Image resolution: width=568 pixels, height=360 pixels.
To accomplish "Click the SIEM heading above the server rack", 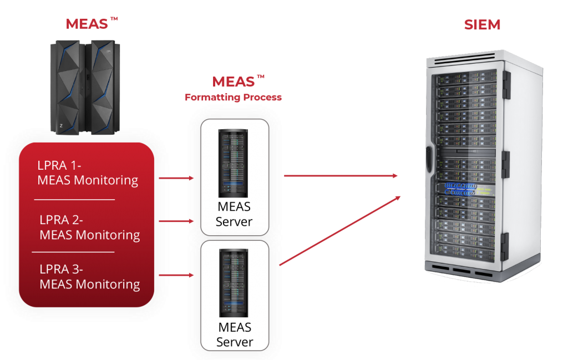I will pyautogui.click(x=482, y=25).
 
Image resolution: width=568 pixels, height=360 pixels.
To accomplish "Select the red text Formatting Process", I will pyautogui.click(x=233, y=98).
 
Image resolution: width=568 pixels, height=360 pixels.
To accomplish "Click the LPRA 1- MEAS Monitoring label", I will pyautogui.click(x=87, y=173).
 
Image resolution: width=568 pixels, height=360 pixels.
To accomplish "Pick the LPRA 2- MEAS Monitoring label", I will pyautogui.click(x=89, y=227).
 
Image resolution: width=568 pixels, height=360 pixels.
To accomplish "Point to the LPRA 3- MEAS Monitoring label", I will pyautogui.click(x=89, y=277).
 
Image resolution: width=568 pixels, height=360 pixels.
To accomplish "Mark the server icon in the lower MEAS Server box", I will pyautogui.click(x=234, y=282).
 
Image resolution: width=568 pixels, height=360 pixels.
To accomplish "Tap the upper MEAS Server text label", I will pyautogui.click(x=234, y=214).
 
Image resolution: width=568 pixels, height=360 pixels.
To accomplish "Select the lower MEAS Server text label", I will pyautogui.click(x=234, y=334).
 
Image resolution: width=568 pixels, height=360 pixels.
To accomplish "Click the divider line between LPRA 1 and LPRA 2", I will pyautogui.click(x=74, y=199).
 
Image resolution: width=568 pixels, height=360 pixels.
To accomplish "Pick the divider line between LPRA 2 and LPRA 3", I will pyautogui.click(x=73, y=252).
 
